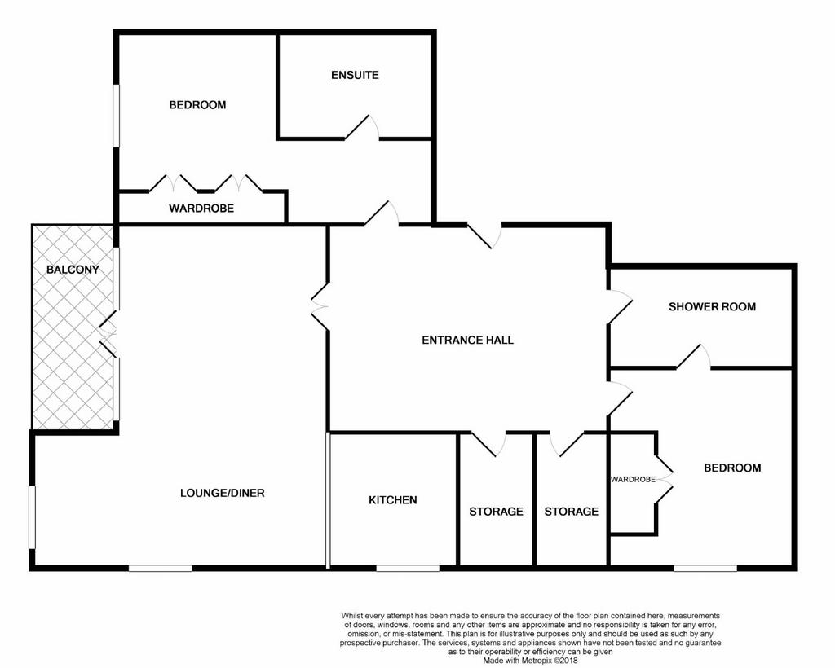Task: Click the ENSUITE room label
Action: click(355, 75)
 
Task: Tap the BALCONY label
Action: click(73, 270)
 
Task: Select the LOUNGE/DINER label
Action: click(222, 493)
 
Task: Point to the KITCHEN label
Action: click(392, 500)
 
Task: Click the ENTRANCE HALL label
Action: click(467, 340)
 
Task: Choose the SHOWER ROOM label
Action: click(712, 307)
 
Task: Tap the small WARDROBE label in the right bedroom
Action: click(633, 479)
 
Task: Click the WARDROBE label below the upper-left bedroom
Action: click(201, 209)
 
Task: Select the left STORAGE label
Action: click(496, 512)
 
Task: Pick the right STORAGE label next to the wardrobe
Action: click(572, 512)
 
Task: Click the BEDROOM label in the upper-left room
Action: click(197, 105)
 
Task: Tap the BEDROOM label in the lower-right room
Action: click(732, 468)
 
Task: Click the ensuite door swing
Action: click(363, 127)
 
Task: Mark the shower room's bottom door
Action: click(693, 356)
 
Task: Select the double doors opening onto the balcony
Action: click(108, 333)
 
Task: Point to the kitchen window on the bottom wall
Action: click(408, 568)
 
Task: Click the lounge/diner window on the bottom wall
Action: click(161, 568)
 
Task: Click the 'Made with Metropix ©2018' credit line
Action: click(530, 661)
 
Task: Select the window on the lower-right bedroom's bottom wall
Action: click(705, 568)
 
